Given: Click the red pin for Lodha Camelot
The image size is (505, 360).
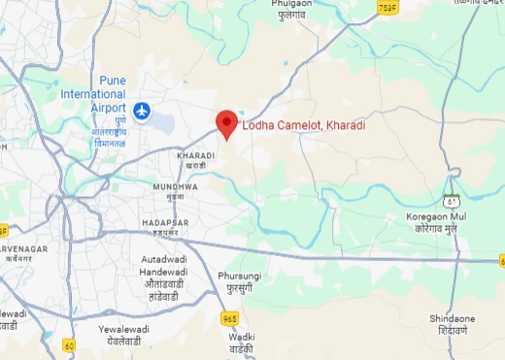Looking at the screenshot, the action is point(226,123).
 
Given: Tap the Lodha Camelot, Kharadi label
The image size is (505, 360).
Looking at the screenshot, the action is point(303,125).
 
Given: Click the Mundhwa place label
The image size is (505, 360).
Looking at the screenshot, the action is point(175,185).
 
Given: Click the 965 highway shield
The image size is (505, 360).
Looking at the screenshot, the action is point(229,317).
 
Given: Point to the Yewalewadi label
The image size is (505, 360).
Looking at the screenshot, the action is point(125,330).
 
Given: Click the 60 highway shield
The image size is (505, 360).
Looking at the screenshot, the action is point(69,344).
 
